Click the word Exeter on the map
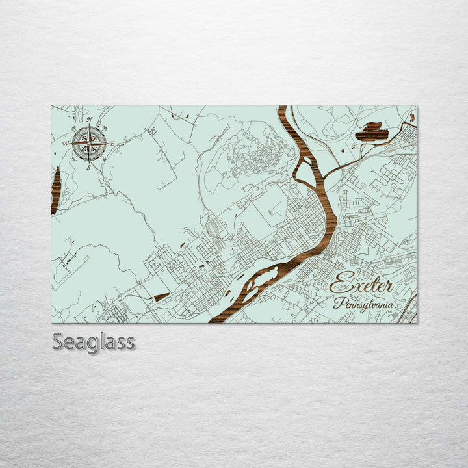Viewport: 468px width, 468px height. [x=361, y=285]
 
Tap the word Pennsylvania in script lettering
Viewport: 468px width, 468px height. [x=363, y=304]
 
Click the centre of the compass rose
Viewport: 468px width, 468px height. [x=90, y=143]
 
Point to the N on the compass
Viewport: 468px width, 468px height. [x=89, y=120]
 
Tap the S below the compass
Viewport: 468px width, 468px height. [x=89, y=167]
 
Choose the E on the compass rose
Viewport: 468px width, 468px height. [x=112, y=144]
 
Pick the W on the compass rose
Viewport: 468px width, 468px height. [x=65, y=143]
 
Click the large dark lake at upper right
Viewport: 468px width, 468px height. [x=372, y=132]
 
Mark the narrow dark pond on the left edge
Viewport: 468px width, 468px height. [x=56, y=190]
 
